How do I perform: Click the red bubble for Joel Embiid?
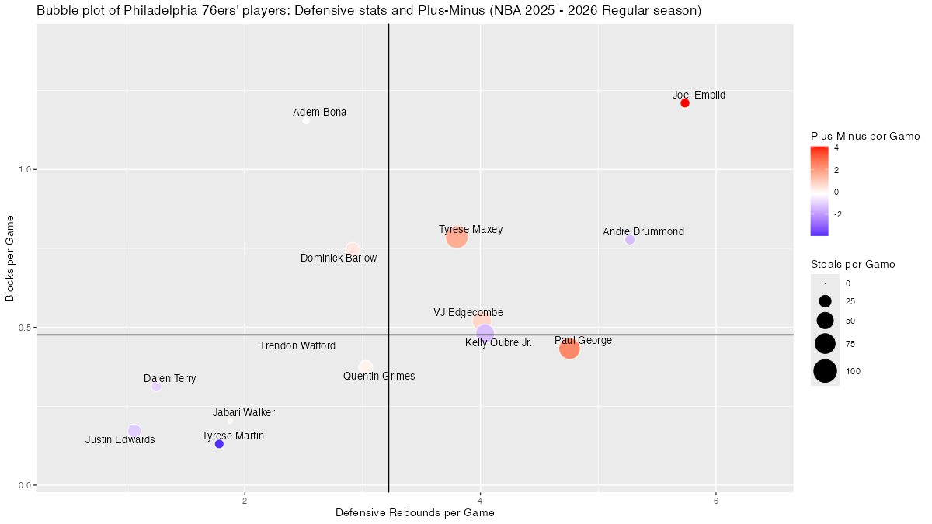click(x=685, y=102)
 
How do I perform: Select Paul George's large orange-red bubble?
click(x=569, y=349)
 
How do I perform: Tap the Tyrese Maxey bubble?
click(x=457, y=238)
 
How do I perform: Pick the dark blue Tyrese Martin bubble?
click(x=219, y=444)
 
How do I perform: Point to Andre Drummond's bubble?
click(x=630, y=240)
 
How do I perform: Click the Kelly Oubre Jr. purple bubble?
click(x=485, y=333)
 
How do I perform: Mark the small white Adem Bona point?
click(x=306, y=120)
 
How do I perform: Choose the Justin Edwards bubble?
click(x=134, y=431)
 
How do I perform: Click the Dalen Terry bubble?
click(x=156, y=387)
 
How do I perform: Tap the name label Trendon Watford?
click(x=297, y=346)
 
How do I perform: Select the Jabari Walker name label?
click(x=244, y=413)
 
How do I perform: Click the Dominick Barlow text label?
click(x=339, y=259)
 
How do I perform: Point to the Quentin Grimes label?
click(x=379, y=377)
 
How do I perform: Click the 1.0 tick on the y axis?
click(x=24, y=169)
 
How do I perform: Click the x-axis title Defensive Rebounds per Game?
click(x=415, y=513)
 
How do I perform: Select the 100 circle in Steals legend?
click(x=825, y=372)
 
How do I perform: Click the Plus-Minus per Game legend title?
click(x=864, y=136)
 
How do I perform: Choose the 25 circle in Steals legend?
click(x=825, y=301)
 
